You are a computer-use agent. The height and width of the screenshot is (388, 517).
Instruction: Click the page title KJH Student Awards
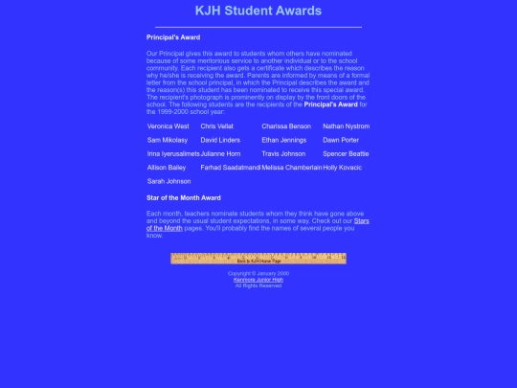(258, 11)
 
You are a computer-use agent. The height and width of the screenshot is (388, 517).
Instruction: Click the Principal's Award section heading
(173, 37)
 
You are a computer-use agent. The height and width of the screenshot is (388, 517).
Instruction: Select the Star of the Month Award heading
(184, 198)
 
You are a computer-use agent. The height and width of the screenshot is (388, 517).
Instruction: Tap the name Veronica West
(169, 126)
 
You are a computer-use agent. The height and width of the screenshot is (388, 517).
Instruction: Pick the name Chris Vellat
(216, 126)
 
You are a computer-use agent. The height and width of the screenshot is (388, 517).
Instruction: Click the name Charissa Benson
(286, 126)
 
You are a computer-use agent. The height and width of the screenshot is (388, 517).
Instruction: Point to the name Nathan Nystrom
(346, 126)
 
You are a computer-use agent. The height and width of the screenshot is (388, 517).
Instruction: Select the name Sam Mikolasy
(168, 140)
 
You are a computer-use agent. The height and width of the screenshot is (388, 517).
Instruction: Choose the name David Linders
(220, 140)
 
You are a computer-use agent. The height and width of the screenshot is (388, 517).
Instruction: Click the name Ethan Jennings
(284, 140)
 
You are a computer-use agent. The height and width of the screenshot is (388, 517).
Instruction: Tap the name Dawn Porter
(341, 140)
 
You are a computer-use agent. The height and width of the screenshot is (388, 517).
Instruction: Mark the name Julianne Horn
(220, 153)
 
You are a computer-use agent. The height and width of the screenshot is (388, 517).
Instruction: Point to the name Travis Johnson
(283, 153)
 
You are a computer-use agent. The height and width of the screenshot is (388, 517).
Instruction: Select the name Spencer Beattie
(346, 153)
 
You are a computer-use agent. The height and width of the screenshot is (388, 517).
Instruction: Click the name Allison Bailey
(167, 168)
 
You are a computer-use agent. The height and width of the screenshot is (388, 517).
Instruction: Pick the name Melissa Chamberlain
(291, 168)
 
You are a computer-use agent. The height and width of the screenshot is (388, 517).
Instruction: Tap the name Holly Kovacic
(343, 168)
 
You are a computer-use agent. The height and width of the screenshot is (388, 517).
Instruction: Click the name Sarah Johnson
(169, 181)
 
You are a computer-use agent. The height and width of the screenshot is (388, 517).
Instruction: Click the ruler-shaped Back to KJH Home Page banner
(258, 259)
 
